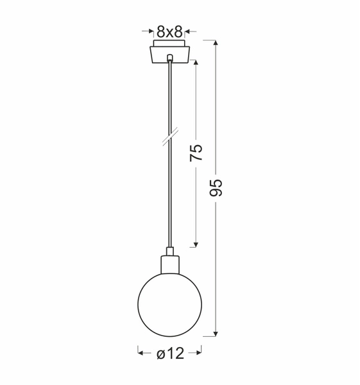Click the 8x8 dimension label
169,31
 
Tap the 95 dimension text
216,187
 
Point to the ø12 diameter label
170,352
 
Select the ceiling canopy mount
169,53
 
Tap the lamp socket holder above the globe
169,264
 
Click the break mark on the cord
170,137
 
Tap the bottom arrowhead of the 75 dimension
196,244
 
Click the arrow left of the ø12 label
141,352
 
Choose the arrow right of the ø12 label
198,352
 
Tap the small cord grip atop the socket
169,250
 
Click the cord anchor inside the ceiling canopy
169,58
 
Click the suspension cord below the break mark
169,193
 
